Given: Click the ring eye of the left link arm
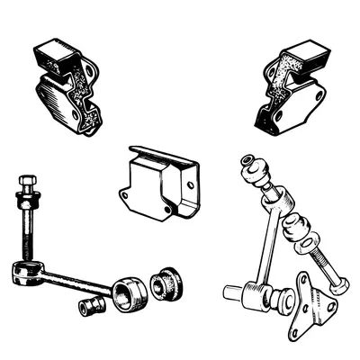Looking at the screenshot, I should coord(23,272).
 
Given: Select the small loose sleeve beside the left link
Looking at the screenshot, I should coord(91,306).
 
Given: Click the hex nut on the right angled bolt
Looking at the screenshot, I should coord(339,285).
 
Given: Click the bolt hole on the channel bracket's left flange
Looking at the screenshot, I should coord(125,190).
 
